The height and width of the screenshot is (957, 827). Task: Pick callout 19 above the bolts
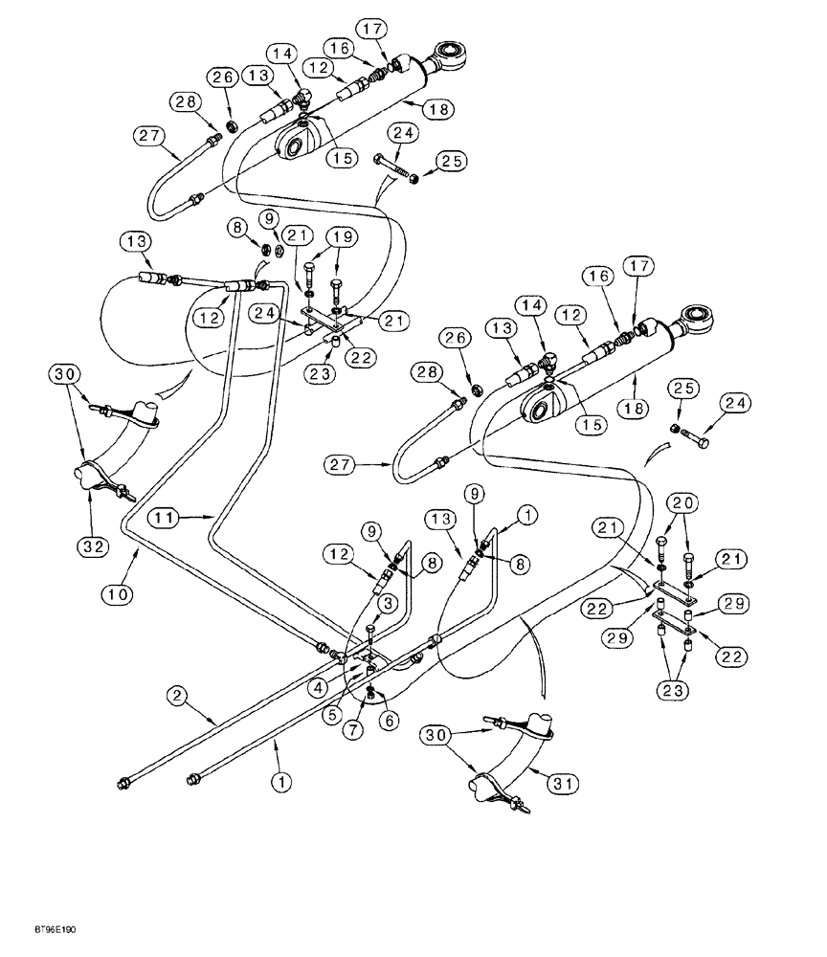[x=341, y=235]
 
